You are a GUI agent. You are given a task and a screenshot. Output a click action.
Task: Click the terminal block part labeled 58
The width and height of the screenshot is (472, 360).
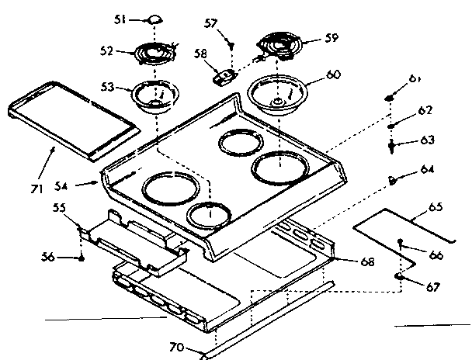(225, 76)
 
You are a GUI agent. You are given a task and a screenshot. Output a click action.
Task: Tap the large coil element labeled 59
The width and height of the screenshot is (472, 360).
(279, 45)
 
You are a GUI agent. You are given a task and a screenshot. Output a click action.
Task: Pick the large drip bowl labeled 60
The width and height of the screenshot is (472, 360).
(278, 93)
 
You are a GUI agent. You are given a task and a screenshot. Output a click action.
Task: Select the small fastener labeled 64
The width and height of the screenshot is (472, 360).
(394, 180)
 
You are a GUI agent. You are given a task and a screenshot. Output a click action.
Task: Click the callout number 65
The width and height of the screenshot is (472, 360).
(436, 207)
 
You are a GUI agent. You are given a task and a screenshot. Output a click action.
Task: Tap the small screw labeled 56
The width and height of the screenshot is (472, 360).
(81, 257)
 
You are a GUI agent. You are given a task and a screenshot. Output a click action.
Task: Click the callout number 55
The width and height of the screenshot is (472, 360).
(59, 208)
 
